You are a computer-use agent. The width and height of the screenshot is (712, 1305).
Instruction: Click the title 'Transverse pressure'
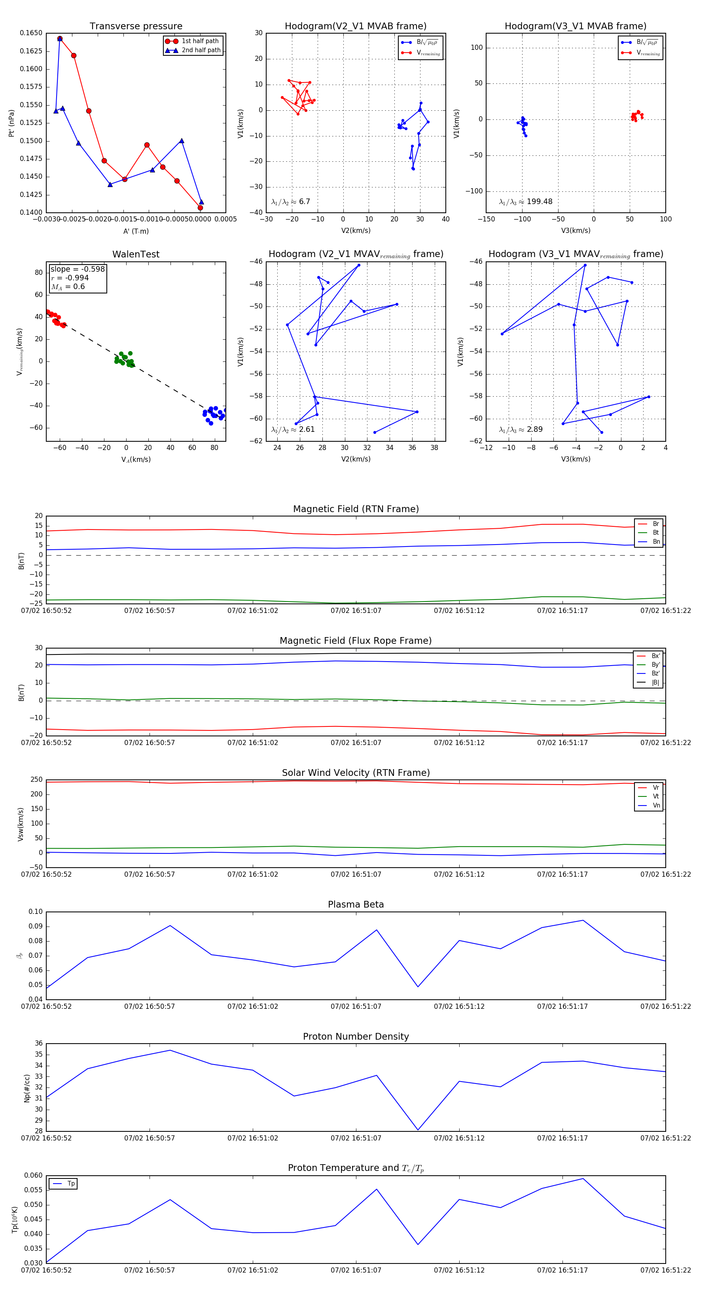[x=136, y=26]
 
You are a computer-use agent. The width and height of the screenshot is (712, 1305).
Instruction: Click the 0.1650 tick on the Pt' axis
[x=31, y=33]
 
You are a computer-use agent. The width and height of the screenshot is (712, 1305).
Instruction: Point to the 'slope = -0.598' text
[x=78, y=269]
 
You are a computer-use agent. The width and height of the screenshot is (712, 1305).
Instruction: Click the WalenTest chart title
[x=136, y=254]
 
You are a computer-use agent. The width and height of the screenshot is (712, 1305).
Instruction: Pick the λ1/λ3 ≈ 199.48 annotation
[x=526, y=202]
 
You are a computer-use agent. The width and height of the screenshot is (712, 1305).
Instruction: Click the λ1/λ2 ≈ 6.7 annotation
[x=290, y=202]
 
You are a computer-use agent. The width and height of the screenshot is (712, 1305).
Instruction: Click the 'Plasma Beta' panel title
[x=356, y=904]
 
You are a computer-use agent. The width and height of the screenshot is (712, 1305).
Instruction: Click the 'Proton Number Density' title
[x=356, y=1036]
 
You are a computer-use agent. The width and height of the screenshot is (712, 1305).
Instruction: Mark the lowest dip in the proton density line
[x=418, y=1130]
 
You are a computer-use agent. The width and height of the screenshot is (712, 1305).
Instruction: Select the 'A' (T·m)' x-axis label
[x=136, y=231]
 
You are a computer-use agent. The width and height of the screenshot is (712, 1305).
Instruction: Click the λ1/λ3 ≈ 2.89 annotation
[x=521, y=429]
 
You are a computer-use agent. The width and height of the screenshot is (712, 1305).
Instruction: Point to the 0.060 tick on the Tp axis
[x=34, y=1175]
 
